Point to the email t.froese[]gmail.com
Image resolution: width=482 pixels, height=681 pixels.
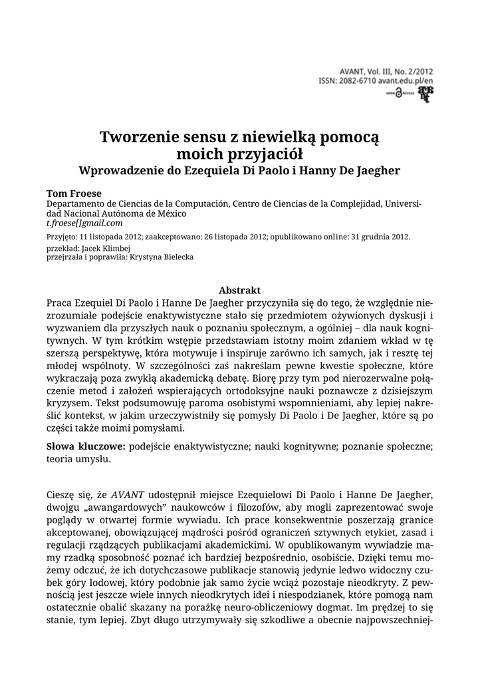(x=84, y=223)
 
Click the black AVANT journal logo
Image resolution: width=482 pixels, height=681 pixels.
(x=423, y=94)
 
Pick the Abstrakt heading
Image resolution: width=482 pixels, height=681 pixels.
(x=239, y=291)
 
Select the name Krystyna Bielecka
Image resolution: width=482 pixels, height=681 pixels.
(x=162, y=257)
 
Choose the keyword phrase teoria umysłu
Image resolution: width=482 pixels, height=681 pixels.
(x=78, y=460)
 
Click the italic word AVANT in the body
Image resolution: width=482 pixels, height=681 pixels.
(x=127, y=495)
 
